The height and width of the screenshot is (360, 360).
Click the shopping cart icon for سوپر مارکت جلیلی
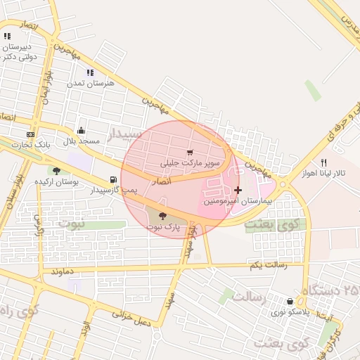tap(190, 153)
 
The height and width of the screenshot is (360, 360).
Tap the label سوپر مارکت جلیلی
tap(191, 162)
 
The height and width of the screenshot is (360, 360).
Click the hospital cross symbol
tap(238, 190)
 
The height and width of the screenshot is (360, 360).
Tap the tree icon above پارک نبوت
tap(163, 217)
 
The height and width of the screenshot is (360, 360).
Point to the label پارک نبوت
tap(163, 227)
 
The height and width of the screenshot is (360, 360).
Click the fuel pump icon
tap(114, 180)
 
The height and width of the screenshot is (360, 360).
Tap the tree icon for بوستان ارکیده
tap(56, 171)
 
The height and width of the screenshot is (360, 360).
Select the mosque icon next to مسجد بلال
tap(81, 131)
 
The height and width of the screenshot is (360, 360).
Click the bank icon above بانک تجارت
tap(30, 134)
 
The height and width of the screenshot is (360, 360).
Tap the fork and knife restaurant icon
tap(323, 162)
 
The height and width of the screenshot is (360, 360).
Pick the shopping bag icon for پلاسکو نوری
tap(290, 301)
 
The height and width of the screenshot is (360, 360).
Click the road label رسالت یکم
tap(262, 265)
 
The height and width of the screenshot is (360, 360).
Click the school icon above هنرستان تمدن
tap(90, 72)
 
